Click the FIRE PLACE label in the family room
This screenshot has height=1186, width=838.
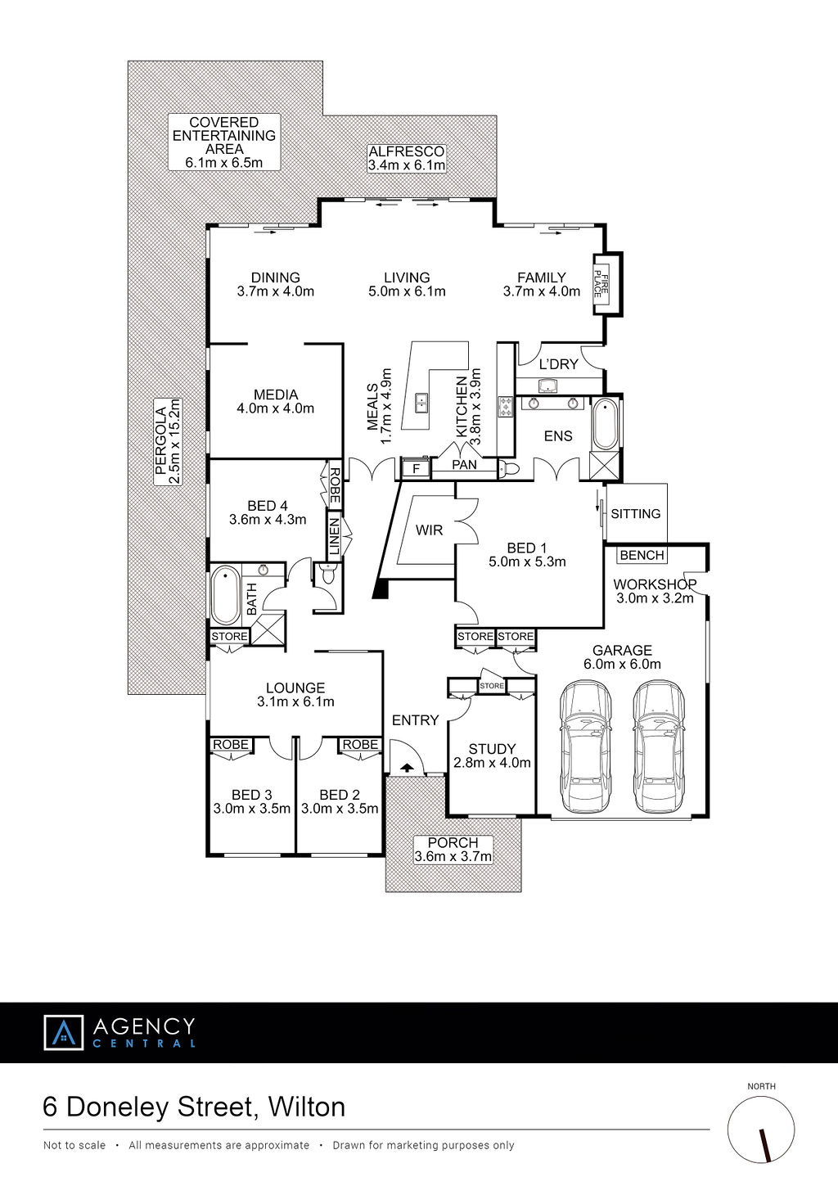[x=601, y=284]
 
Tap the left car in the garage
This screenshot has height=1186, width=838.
[x=585, y=747]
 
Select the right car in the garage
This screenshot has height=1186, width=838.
[x=658, y=747]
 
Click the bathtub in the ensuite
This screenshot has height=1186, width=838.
[x=605, y=425]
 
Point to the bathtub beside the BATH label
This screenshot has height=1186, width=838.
[x=226, y=595]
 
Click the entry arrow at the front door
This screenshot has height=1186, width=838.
[x=406, y=767]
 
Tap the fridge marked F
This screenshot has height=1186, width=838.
[x=415, y=468]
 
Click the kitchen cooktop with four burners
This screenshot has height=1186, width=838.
[x=505, y=407]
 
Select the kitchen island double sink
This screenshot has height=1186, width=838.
[x=421, y=403]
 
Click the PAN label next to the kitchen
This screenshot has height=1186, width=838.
[x=464, y=465]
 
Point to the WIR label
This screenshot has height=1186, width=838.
[x=429, y=530]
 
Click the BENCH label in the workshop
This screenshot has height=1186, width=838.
[x=642, y=555]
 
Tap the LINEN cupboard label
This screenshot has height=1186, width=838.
[x=335, y=536]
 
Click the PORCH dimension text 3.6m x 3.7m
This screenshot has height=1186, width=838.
[x=453, y=856]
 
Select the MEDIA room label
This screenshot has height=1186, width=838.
[x=276, y=395]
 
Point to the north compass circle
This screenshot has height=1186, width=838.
[x=761, y=1130]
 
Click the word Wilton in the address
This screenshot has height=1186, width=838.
[x=307, y=1107]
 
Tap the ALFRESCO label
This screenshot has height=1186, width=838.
[x=407, y=151]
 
